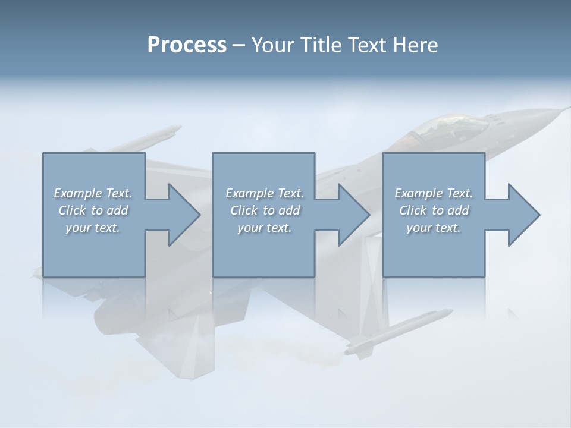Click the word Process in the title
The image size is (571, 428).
pyautogui.click(x=187, y=45)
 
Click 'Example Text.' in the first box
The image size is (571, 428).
pyautogui.click(x=93, y=193)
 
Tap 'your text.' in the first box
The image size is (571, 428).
pyautogui.click(x=93, y=228)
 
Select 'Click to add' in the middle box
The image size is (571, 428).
pyautogui.click(x=265, y=210)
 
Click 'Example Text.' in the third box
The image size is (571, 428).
pyautogui.click(x=434, y=193)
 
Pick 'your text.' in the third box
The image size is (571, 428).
pyautogui.click(x=434, y=228)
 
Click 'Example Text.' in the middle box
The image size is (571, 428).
pyautogui.click(x=265, y=193)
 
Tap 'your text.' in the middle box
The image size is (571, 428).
pyautogui.click(x=265, y=228)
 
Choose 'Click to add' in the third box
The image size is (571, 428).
pyautogui.click(x=434, y=210)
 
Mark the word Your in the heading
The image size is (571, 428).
pyautogui.click(x=274, y=45)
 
